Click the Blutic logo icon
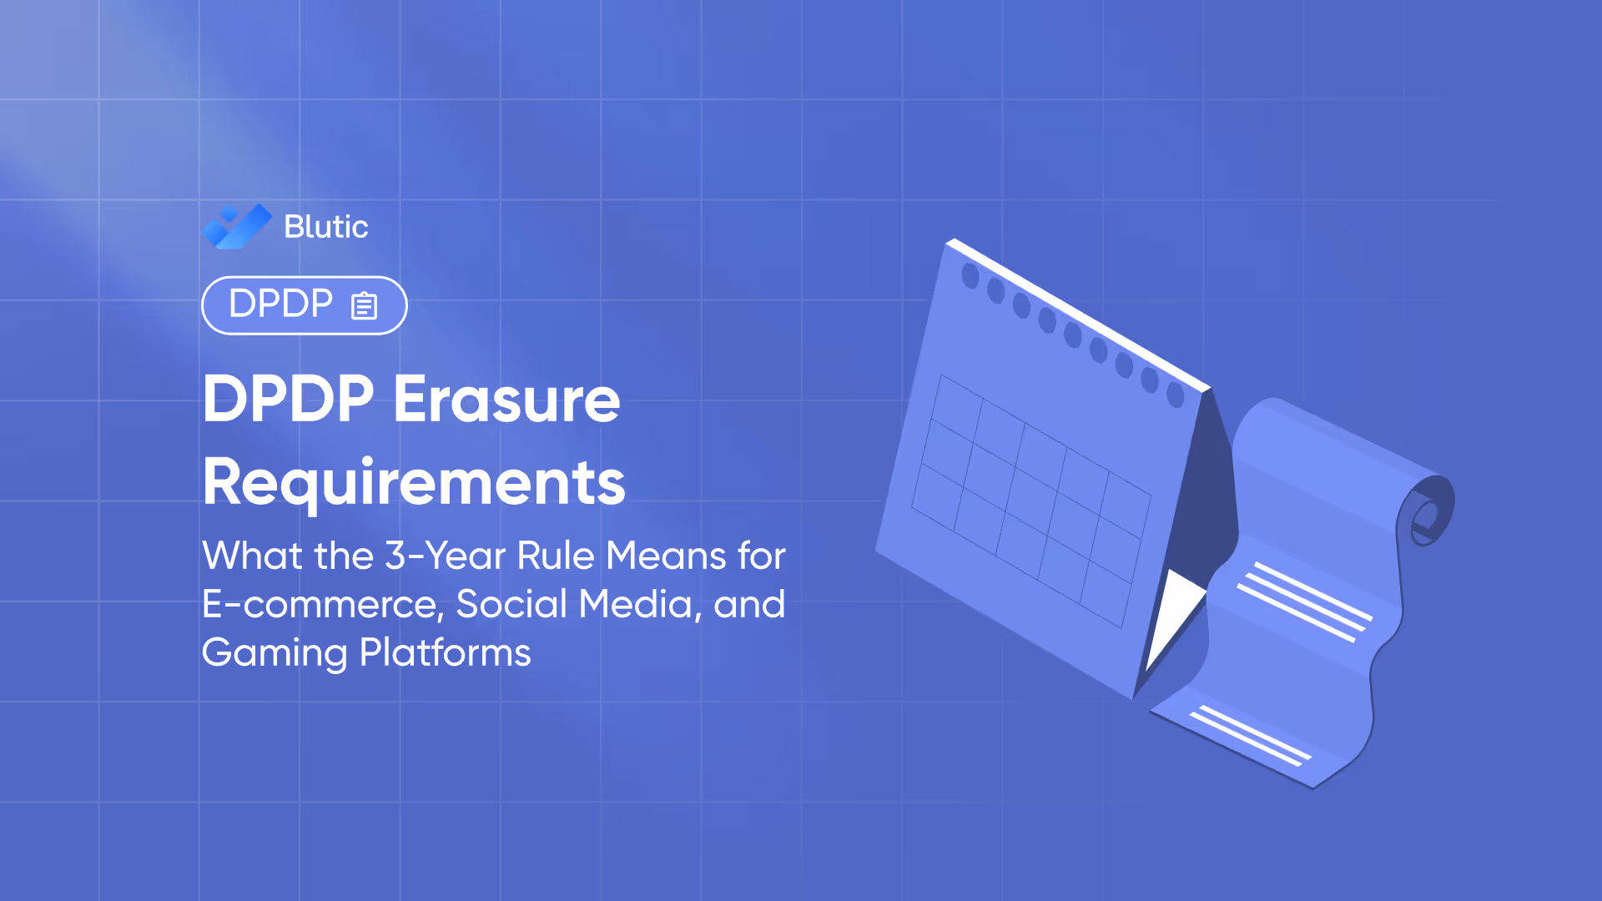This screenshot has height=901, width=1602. [x=237, y=226]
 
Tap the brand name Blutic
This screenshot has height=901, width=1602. [x=325, y=227]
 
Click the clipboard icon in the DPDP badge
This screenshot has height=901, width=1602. [x=365, y=305]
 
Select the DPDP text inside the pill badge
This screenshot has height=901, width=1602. [x=280, y=304]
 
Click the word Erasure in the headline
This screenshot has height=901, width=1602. [x=506, y=400]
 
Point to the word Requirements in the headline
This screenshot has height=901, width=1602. [x=414, y=483]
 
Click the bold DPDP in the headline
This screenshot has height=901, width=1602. [x=289, y=400]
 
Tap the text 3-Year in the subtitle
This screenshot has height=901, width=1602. [x=445, y=556]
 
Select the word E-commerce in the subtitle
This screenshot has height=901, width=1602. [x=322, y=604]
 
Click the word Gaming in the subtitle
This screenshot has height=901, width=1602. [x=275, y=652]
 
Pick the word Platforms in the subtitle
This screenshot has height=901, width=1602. [x=445, y=652]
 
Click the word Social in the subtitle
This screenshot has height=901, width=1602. [x=511, y=604]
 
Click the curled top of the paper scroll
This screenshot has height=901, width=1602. [x=1429, y=509]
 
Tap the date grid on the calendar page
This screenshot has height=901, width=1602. [x=1030, y=501]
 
